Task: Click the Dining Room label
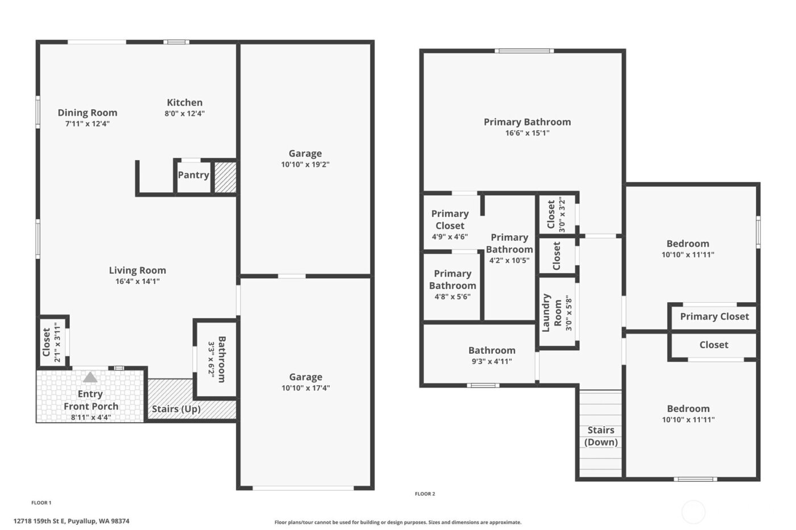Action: (88, 112)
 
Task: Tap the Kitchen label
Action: (184, 102)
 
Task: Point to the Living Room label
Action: (138, 270)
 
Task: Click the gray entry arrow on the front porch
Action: (90, 377)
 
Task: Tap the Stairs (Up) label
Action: (176, 409)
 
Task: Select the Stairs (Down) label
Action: (601, 436)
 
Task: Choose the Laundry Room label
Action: (552, 313)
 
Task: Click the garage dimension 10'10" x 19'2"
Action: (305, 165)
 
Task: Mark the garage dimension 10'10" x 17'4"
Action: (305, 389)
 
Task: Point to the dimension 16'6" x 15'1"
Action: (527, 133)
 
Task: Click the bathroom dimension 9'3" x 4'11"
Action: (492, 361)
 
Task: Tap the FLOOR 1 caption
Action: (41, 503)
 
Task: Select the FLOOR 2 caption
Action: (425, 494)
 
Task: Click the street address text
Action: (72, 521)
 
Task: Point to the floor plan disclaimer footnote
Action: (397, 523)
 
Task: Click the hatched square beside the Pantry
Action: (225, 177)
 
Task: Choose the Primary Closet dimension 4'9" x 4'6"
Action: (450, 237)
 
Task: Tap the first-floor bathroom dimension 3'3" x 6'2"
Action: (211, 359)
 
